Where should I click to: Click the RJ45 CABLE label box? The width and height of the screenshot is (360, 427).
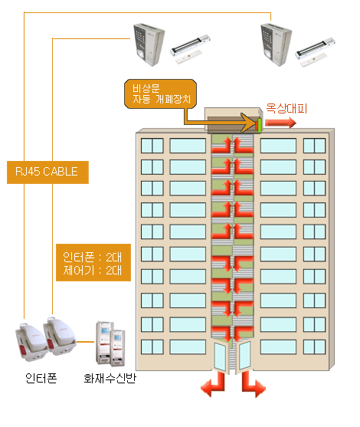click(47, 172)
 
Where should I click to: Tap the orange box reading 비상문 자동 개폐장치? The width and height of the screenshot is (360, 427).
click(161, 94)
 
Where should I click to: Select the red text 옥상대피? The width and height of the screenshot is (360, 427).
click(286, 108)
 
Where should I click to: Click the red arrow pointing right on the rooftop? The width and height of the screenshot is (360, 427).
click(280, 123)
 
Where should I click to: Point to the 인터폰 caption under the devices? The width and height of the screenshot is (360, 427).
click(41, 378)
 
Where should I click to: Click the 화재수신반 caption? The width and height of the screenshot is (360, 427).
click(110, 378)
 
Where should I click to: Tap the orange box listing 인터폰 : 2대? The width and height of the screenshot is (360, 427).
click(93, 262)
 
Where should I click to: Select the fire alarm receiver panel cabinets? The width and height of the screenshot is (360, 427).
click(110, 344)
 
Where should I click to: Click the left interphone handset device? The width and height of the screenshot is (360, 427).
click(31, 342)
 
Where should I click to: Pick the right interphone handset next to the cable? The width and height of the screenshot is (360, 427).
click(60, 336)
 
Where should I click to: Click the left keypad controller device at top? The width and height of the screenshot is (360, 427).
click(149, 45)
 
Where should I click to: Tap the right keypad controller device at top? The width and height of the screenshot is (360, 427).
click(276, 45)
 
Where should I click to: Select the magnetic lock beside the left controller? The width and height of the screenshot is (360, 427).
click(190, 48)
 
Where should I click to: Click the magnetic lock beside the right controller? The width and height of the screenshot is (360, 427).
click(316, 51)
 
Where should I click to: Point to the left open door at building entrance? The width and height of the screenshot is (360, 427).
click(220, 356)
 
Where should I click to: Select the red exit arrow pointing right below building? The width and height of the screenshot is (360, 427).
click(253, 385)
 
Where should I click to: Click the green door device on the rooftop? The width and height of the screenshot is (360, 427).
click(260, 126)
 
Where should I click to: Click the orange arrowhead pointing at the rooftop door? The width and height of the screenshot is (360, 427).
click(249, 123)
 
